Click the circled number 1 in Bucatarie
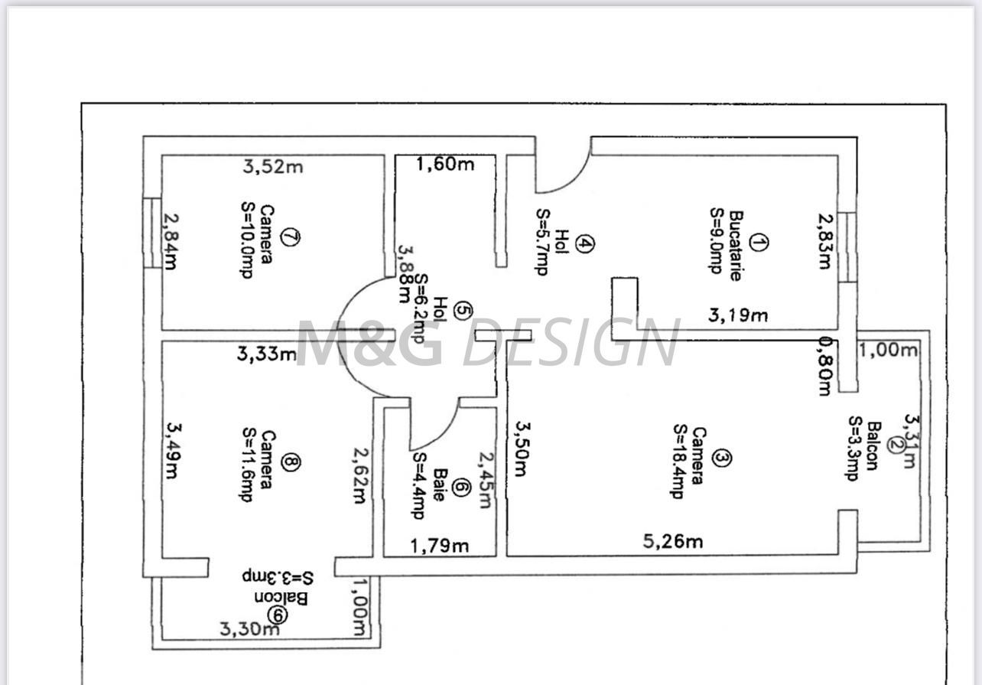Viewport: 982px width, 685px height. tap(758, 243)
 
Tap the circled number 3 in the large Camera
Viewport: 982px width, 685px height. tap(721, 458)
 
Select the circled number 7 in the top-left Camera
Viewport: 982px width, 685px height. tap(290, 236)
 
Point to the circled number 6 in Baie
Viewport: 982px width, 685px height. tap(460, 487)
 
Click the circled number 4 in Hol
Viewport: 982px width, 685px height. tap(584, 243)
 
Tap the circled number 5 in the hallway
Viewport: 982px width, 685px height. tap(463, 310)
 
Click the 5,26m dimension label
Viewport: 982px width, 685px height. tap(671, 542)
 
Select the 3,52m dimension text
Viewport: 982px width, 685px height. tap(272, 166)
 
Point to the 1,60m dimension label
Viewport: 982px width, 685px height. tap(445, 164)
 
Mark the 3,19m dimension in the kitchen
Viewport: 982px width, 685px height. tap(737, 315)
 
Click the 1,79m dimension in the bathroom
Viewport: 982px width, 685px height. tap(440, 546)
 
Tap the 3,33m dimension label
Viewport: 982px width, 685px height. tap(266, 354)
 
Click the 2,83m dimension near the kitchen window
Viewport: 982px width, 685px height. tap(823, 241)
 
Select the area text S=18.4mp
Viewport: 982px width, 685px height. tap(678, 461)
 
